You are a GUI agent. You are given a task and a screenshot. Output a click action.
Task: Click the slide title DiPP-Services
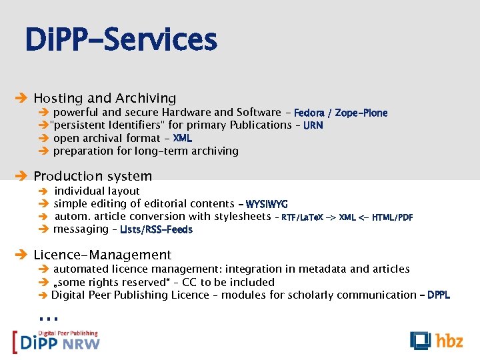coord(121,39)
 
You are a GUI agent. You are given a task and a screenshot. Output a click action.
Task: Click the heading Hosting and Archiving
coord(105,99)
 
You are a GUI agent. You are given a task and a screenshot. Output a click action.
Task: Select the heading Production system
coord(93,176)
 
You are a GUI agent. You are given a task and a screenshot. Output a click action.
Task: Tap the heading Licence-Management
coord(102,255)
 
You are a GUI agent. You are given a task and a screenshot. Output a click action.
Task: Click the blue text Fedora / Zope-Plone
coord(340,113)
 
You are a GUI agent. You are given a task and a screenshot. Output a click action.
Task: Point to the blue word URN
coord(313,125)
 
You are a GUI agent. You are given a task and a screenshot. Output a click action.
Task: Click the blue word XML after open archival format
coord(182,138)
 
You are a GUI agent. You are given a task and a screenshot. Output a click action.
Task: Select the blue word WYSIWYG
coord(267,204)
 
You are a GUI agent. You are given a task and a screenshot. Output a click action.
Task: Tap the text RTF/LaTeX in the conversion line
coord(302,217)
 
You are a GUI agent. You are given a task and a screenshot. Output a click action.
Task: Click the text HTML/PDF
coord(392,217)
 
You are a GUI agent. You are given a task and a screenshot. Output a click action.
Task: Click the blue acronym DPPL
coord(438,295)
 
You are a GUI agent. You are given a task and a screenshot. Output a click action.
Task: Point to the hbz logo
coord(436,340)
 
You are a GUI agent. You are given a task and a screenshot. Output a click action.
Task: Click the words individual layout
coord(97,191)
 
